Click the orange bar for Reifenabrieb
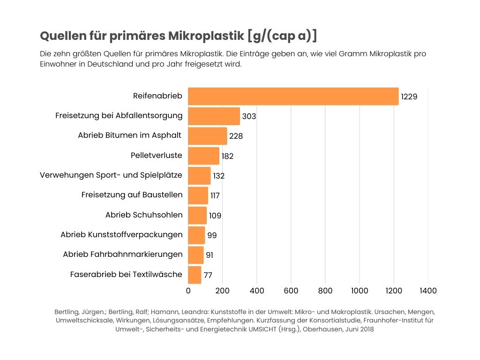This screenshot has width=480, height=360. (x=293, y=96)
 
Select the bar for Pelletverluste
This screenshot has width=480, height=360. (x=203, y=156)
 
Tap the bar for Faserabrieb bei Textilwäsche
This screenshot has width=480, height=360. (x=195, y=275)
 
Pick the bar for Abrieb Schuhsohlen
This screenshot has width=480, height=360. (x=197, y=215)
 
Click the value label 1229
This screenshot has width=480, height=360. (x=409, y=97)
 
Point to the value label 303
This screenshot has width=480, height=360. (x=249, y=117)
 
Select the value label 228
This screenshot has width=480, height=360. (x=236, y=136)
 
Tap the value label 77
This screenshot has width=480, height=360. (x=208, y=275)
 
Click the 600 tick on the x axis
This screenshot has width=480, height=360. (x=291, y=291)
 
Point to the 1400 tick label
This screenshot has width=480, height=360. (x=428, y=291)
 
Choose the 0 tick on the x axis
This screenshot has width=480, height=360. (x=188, y=291)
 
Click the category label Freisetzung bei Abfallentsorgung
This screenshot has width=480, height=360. (x=119, y=115)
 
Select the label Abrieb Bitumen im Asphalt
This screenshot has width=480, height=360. (x=129, y=135)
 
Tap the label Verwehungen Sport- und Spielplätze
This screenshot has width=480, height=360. (x=111, y=175)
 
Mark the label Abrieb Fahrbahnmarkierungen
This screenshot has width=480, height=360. (x=123, y=255)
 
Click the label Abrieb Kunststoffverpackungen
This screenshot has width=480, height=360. (x=121, y=235)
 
